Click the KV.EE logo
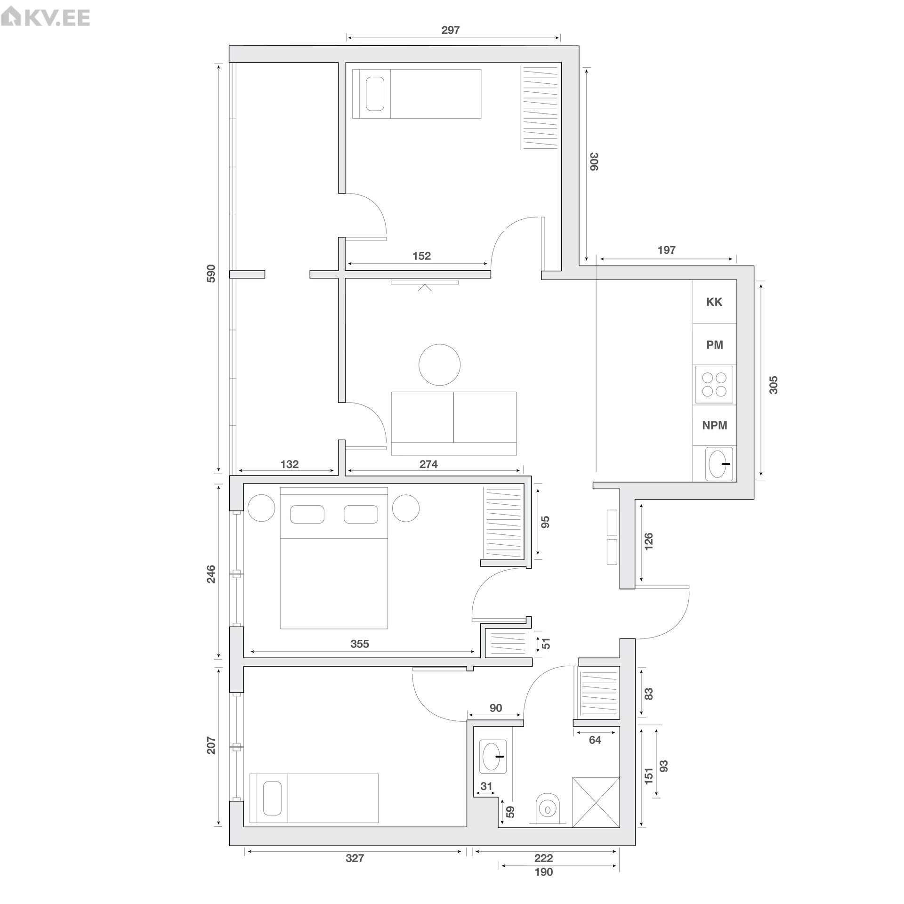[45, 17]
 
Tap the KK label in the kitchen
[714, 302]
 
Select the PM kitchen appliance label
[714, 345]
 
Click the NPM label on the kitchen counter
[714, 425]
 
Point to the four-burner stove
[714, 384]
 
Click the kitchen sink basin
[718, 464]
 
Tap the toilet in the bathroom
[547, 809]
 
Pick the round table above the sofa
[439, 365]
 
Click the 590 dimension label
[211, 274]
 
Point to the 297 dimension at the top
[450, 30]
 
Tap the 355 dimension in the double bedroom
[360, 644]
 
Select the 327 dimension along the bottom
[355, 871]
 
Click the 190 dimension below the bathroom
[544, 885]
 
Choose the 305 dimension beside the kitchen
[773, 385]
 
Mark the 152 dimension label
[421, 256]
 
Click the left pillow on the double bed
[307, 514]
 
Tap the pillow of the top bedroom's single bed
[375, 94]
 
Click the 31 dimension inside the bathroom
[486, 786]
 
